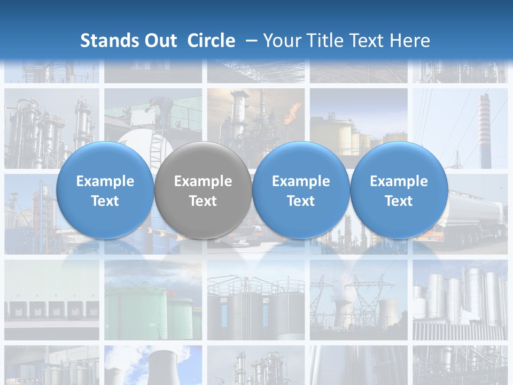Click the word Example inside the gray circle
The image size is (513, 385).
point(203,181)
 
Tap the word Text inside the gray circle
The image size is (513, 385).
point(203,201)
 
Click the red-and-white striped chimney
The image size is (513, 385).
point(485,128)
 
